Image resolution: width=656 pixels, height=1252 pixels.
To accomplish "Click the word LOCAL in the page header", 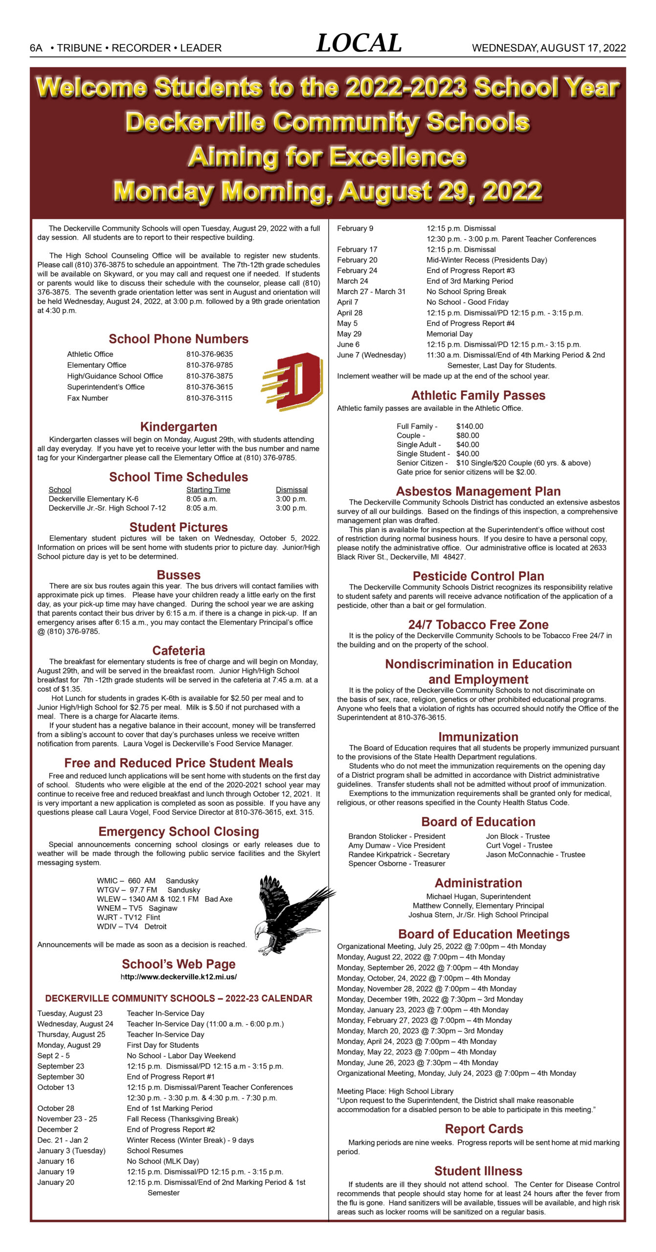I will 359,44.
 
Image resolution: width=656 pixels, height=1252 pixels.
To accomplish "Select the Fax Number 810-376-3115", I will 209,398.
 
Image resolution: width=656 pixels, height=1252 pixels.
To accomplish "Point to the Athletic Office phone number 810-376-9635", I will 209,354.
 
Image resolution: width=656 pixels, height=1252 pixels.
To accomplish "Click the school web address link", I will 179,977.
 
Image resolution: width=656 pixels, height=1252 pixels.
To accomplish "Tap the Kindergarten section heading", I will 179,426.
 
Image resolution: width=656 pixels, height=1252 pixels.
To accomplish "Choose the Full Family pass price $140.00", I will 469,426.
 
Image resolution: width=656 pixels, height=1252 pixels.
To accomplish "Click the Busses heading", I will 179,575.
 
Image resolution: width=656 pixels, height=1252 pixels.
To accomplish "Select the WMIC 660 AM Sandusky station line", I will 147,881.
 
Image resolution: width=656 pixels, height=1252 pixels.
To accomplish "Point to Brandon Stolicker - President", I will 397,836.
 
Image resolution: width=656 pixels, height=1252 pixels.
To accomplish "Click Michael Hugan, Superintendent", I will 478,896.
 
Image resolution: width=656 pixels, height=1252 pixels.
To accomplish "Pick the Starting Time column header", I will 208,490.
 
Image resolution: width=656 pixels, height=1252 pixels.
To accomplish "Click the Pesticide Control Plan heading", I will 478,576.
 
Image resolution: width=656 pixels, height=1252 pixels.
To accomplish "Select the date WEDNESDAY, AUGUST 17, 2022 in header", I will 548,48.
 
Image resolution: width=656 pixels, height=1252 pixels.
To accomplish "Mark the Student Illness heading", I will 478,1171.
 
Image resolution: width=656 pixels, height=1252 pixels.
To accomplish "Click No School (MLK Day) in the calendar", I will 162,1161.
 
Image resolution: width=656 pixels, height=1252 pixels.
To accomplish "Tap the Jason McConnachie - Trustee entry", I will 535,854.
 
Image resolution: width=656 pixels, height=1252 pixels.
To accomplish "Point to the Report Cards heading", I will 483,1129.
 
